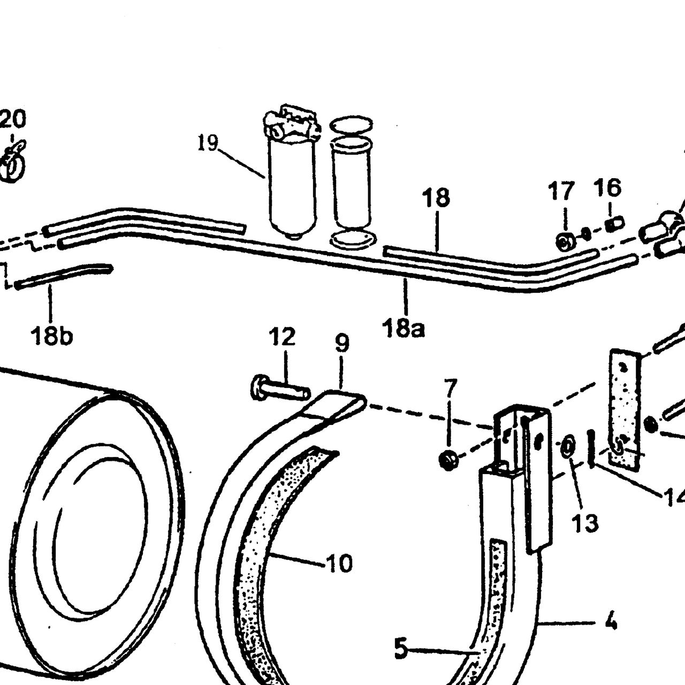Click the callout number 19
coord(208,143)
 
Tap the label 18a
coord(403,328)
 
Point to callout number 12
coord(282,336)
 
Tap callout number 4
coord(611,631)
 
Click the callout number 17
coord(561,191)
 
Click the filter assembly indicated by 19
coord(292,172)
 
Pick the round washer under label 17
coord(565,242)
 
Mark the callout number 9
coord(342,343)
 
